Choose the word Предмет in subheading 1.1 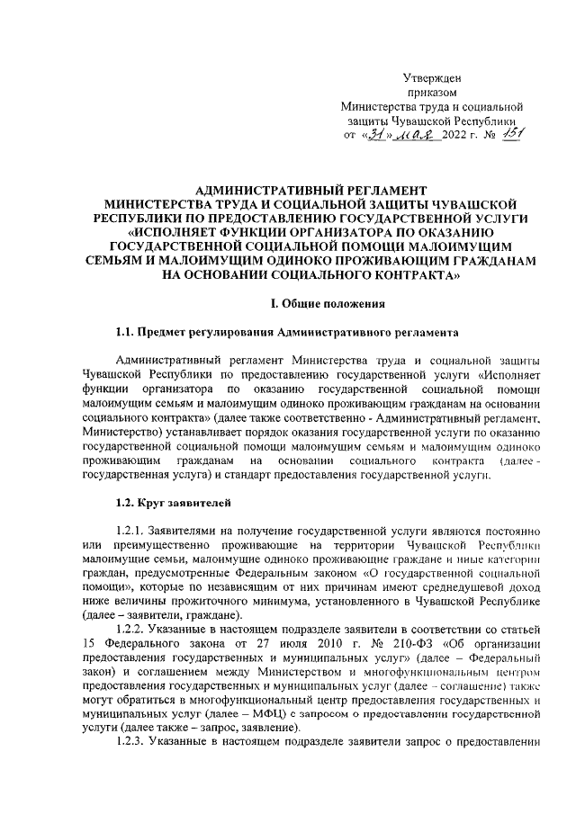(x=166, y=332)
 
